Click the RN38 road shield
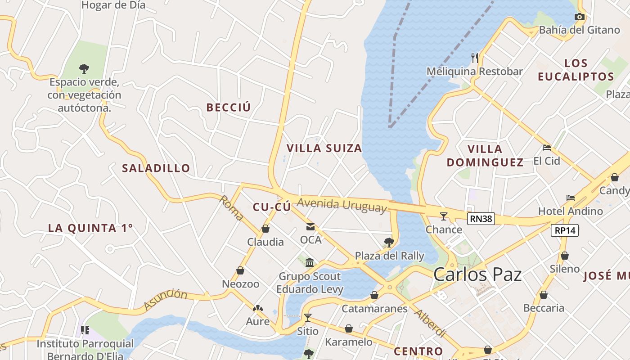point(481,219)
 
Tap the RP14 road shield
point(565,230)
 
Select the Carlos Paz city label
point(477,274)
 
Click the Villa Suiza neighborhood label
point(324,148)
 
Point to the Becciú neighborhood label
point(228,107)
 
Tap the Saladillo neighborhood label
point(156,168)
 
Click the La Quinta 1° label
point(90,228)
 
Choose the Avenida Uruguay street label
point(342,205)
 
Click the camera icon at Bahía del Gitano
point(580,17)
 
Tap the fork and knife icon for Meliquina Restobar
point(474,58)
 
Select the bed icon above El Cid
point(547,147)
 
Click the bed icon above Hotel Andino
point(571,198)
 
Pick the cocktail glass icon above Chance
point(444,216)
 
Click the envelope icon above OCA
point(310,226)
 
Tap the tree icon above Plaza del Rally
point(389,243)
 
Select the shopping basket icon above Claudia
point(265,229)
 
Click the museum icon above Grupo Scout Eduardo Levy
point(310,262)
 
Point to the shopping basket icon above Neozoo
point(240,270)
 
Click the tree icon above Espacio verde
point(84,69)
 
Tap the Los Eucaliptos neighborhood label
point(576,70)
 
